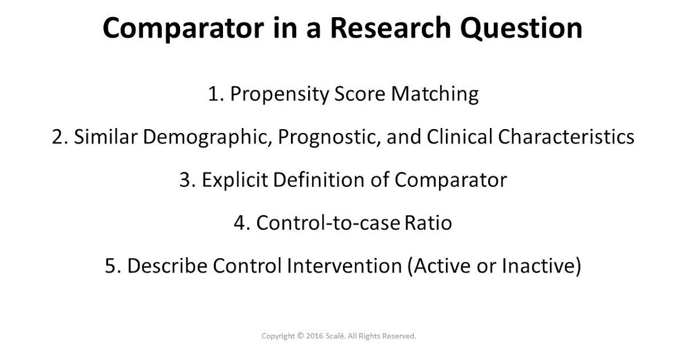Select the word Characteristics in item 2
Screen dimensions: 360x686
565,137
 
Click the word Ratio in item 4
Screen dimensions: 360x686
428,223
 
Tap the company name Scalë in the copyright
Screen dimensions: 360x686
337,337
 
